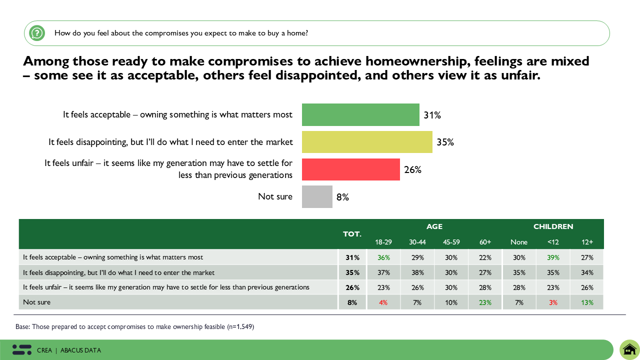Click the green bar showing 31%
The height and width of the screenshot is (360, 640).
click(360, 114)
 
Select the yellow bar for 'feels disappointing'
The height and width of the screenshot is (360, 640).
click(367, 142)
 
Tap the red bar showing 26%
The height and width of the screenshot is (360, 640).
click(351, 169)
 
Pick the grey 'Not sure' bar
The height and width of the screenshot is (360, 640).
click(317, 196)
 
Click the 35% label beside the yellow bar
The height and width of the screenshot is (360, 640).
click(445, 142)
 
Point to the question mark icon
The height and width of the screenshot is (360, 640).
click(36, 33)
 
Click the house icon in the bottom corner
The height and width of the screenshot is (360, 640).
click(629, 349)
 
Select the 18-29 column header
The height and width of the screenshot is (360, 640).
click(383, 242)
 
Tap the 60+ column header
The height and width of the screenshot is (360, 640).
click(485, 242)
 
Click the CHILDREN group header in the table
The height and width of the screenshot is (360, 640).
click(553, 226)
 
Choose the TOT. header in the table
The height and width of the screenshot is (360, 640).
click(352, 234)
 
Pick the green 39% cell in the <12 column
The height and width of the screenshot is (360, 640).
click(553, 257)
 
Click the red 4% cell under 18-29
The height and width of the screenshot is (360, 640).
click(383, 302)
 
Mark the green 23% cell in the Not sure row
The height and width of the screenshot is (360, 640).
click(485, 302)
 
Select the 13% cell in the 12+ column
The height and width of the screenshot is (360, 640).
click(587, 302)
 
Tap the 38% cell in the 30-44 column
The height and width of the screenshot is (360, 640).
click(417, 272)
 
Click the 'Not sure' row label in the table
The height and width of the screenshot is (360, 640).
click(37, 302)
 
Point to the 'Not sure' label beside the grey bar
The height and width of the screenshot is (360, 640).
click(275, 196)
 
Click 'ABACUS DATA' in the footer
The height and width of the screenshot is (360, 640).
click(80, 350)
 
